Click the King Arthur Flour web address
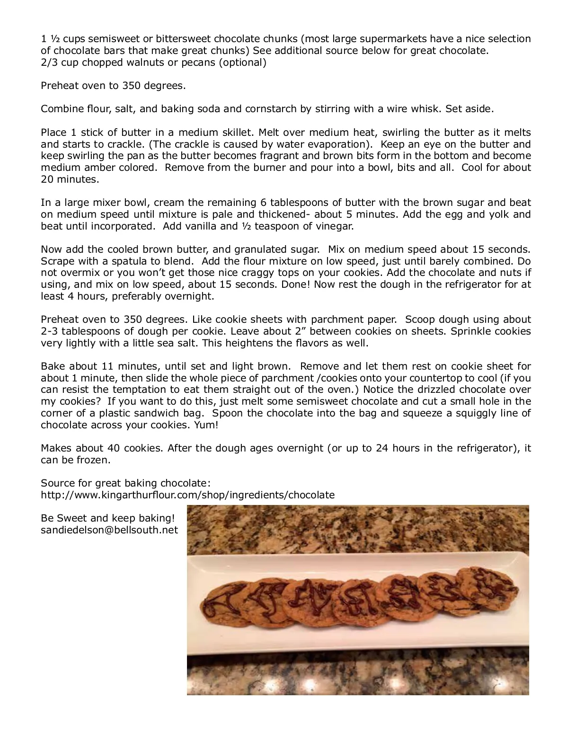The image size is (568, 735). (187, 495)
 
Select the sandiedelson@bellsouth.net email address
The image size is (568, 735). (109, 530)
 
